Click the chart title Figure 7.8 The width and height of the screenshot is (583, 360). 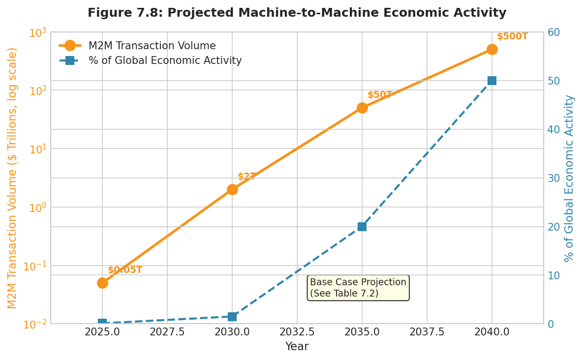click(297, 13)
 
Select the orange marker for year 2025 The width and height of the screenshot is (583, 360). click(102, 283)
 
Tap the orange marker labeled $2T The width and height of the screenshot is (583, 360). click(232, 189)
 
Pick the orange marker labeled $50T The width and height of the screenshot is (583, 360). click(362, 108)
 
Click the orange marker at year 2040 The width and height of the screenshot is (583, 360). click(492, 49)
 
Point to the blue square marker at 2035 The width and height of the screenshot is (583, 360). click(362, 227)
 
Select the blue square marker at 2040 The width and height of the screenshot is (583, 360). click(492, 81)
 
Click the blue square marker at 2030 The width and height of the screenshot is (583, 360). click(232, 317)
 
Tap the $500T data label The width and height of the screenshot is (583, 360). click(512, 37)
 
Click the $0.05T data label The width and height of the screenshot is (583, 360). click(125, 270)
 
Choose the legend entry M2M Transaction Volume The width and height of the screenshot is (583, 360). click(152, 46)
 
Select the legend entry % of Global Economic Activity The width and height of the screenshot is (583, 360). click(165, 61)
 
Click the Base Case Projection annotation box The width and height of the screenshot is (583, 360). click(358, 288)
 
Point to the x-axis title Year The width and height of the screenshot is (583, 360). click(297, 347)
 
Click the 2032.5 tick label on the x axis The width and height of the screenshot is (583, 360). click(297, 332)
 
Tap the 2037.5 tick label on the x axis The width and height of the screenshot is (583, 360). click(427, 332)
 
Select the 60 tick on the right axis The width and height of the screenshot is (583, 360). click(553, 32)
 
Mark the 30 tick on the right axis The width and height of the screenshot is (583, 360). click(553, 178)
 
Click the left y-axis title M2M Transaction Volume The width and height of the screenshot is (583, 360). click(12, 178)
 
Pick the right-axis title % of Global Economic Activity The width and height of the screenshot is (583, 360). click(569, 178)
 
